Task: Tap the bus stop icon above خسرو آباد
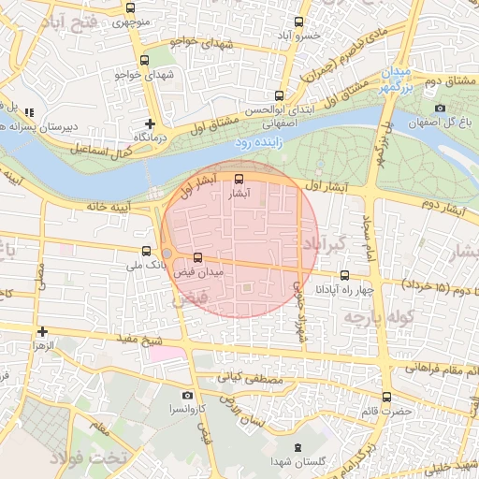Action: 299,22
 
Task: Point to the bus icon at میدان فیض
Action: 197,257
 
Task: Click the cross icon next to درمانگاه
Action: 150,123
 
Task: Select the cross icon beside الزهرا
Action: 42,331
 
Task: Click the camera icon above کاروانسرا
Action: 188,396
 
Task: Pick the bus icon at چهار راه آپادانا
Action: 345,275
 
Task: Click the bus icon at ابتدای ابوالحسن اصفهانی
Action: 279,95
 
